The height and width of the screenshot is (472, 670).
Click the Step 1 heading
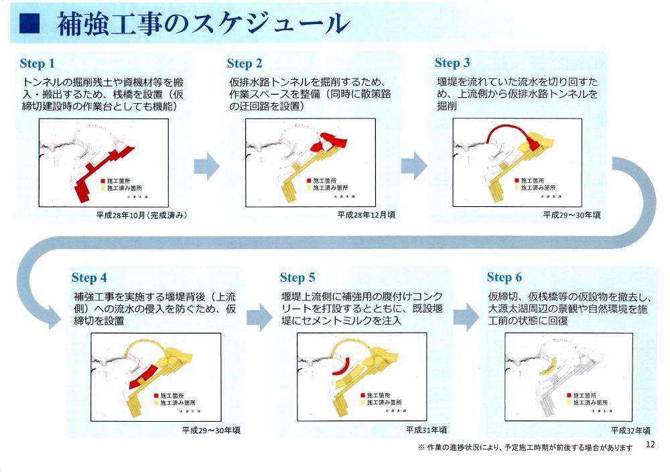pyautogui.click(x=37, y=64)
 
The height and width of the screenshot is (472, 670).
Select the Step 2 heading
pyautogui.click(x=245, y=64)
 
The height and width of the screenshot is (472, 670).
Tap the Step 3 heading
pyautogui.click(x=452, y=63)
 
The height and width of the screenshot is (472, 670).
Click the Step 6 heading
pyautogui.click(x=505, y=278)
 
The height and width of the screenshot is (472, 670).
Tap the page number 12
pyautogui.click(x=650, y=445)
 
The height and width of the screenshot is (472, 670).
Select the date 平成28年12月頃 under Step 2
pyautogui.click(x=365, y=215)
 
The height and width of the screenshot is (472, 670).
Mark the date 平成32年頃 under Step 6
pyautogui.click(x=630, y=429)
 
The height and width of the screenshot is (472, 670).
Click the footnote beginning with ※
pyautogui.click(x=525, y=447)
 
